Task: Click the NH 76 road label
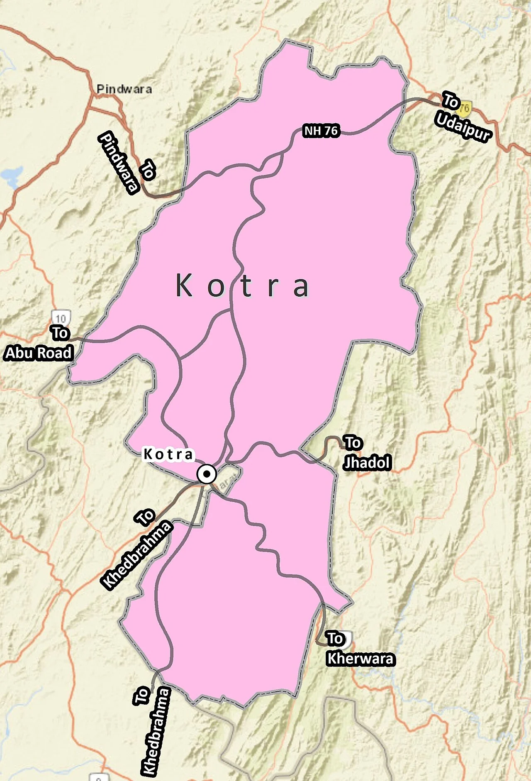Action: [322, 131]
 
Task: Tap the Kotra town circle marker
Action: [207, 473]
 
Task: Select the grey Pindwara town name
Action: [124, 89]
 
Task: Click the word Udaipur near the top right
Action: [463, 127]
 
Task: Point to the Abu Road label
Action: [39, 353]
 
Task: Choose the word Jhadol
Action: [368, 462]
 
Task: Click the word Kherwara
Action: [360, 659]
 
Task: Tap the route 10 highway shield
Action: [61, 318]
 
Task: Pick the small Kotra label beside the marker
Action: [168, 454]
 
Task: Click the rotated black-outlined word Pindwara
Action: [118, 163]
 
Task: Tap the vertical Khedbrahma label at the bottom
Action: [156, 732]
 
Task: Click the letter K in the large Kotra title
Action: [184, 286]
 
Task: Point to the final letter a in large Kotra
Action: [301, 286]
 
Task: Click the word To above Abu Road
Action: [60, 333]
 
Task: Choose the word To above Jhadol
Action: [353, 443]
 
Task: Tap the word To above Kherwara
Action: [335, 638]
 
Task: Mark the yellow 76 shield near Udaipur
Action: [465, 108]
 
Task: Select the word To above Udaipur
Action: [450, 101]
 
